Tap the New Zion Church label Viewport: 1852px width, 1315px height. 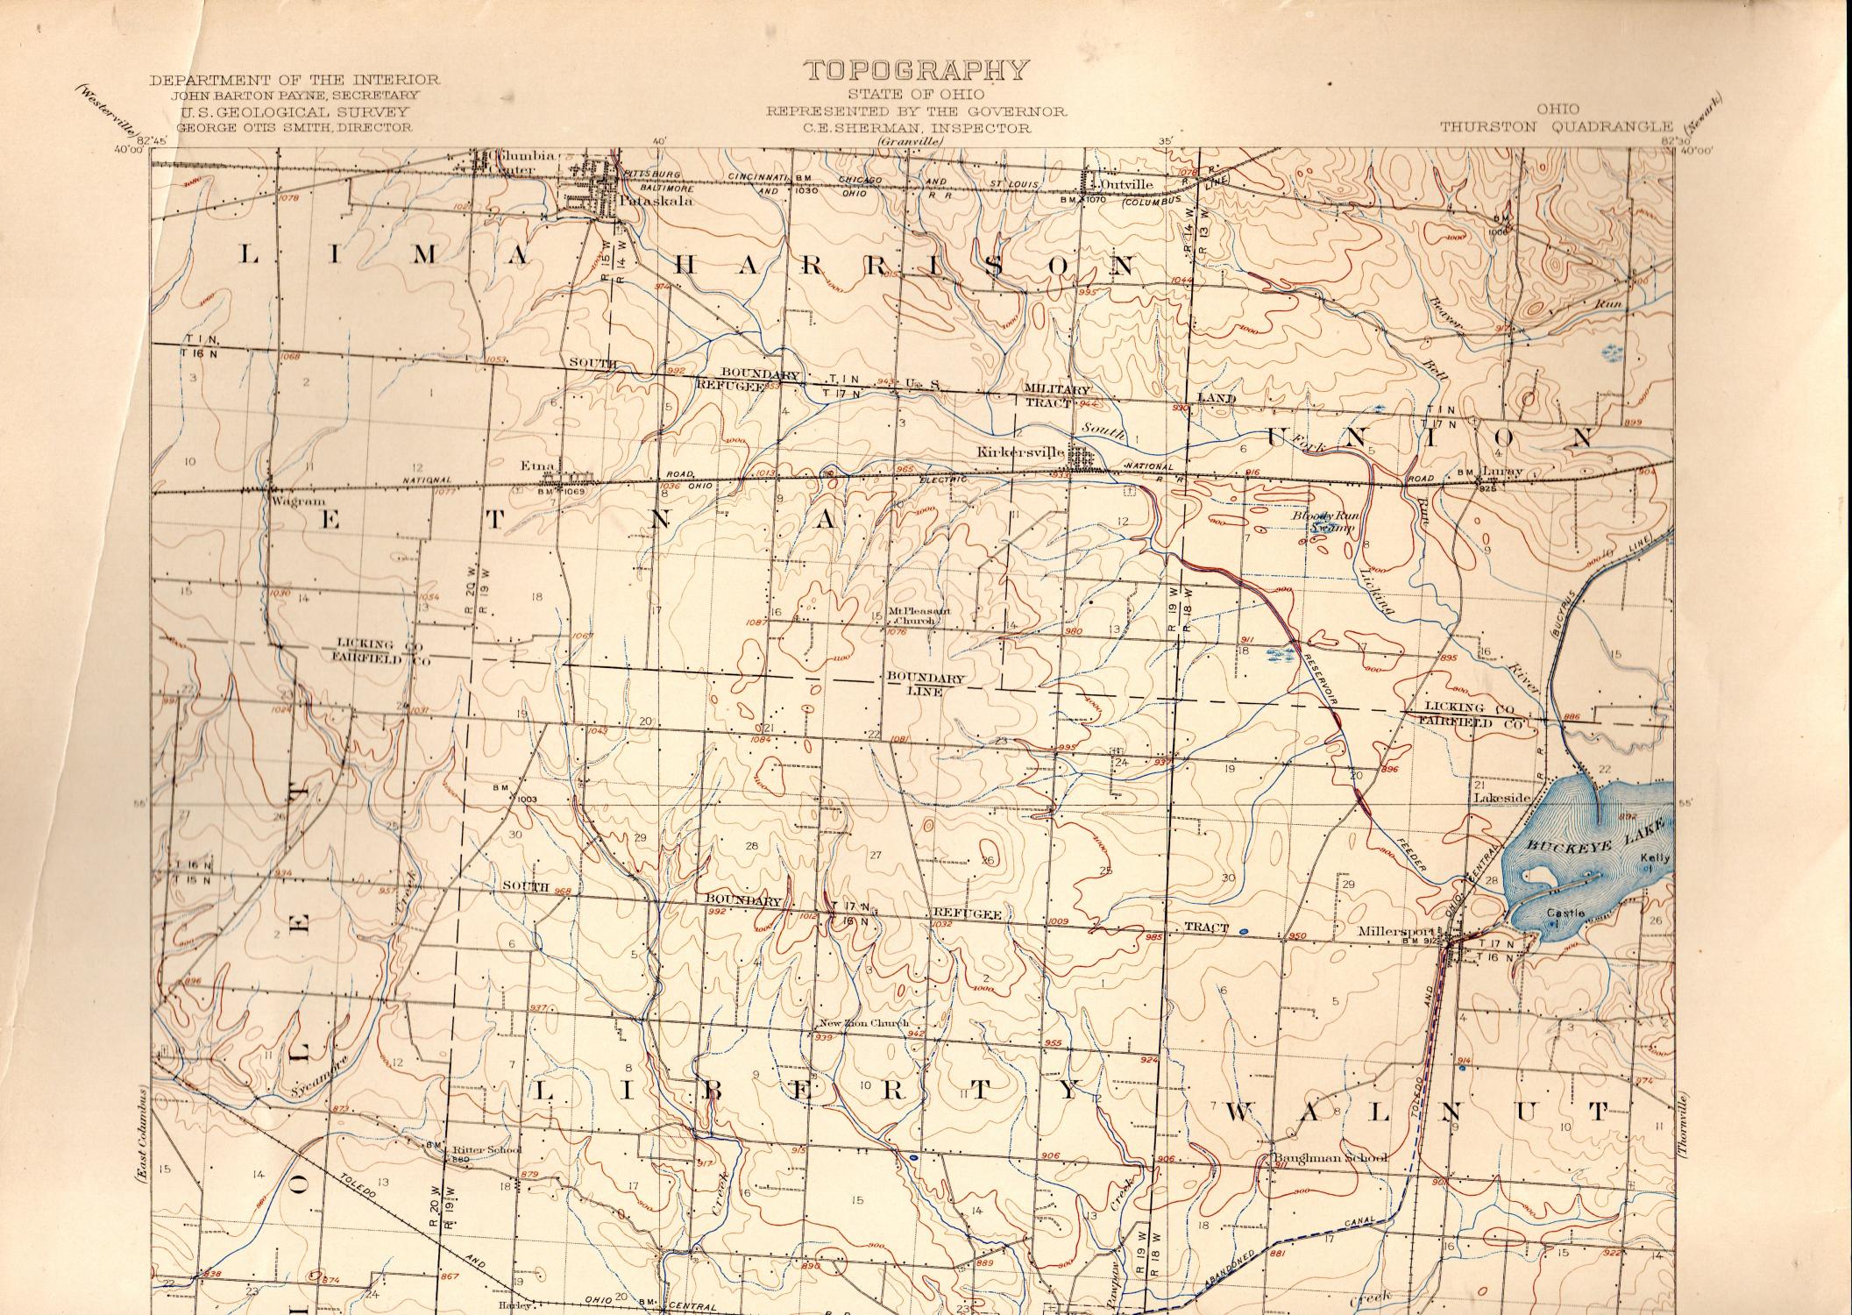click(862, 1023)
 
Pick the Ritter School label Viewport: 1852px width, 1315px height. click(487, 1150)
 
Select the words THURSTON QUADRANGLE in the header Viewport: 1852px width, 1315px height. click(1556, 126)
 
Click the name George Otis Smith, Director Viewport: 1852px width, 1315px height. click(294, 126)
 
